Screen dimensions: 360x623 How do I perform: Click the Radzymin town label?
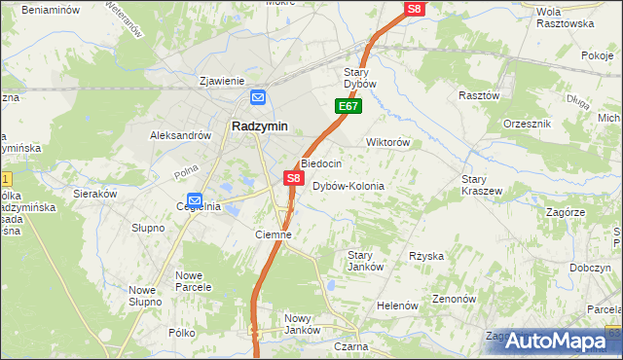click(x=258, y=126)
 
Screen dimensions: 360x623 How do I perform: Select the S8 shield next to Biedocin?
click(x=293, y=178)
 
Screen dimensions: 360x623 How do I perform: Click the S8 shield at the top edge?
click(x=415, y=9)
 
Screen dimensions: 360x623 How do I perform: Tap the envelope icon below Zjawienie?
click(x=258, y=97)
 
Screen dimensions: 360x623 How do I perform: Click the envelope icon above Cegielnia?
click(x=194, y=198)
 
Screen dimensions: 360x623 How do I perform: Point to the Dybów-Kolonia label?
click(x=348, y=186)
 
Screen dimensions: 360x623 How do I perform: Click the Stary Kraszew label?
click(x=482, y=185)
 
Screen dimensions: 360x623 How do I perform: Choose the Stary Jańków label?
click(x=366, y=261)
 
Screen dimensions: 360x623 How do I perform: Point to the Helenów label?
click(x=396, y=306)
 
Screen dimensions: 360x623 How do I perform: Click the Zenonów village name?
click(x=452, y=299)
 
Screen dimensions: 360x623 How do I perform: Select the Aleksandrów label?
click(x=180, y=136)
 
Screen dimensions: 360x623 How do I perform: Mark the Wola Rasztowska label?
click(x=565, y=18)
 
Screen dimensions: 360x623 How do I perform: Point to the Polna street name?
click(x=160, y=172)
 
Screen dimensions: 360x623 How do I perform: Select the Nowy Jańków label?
click(x=302, y=324)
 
